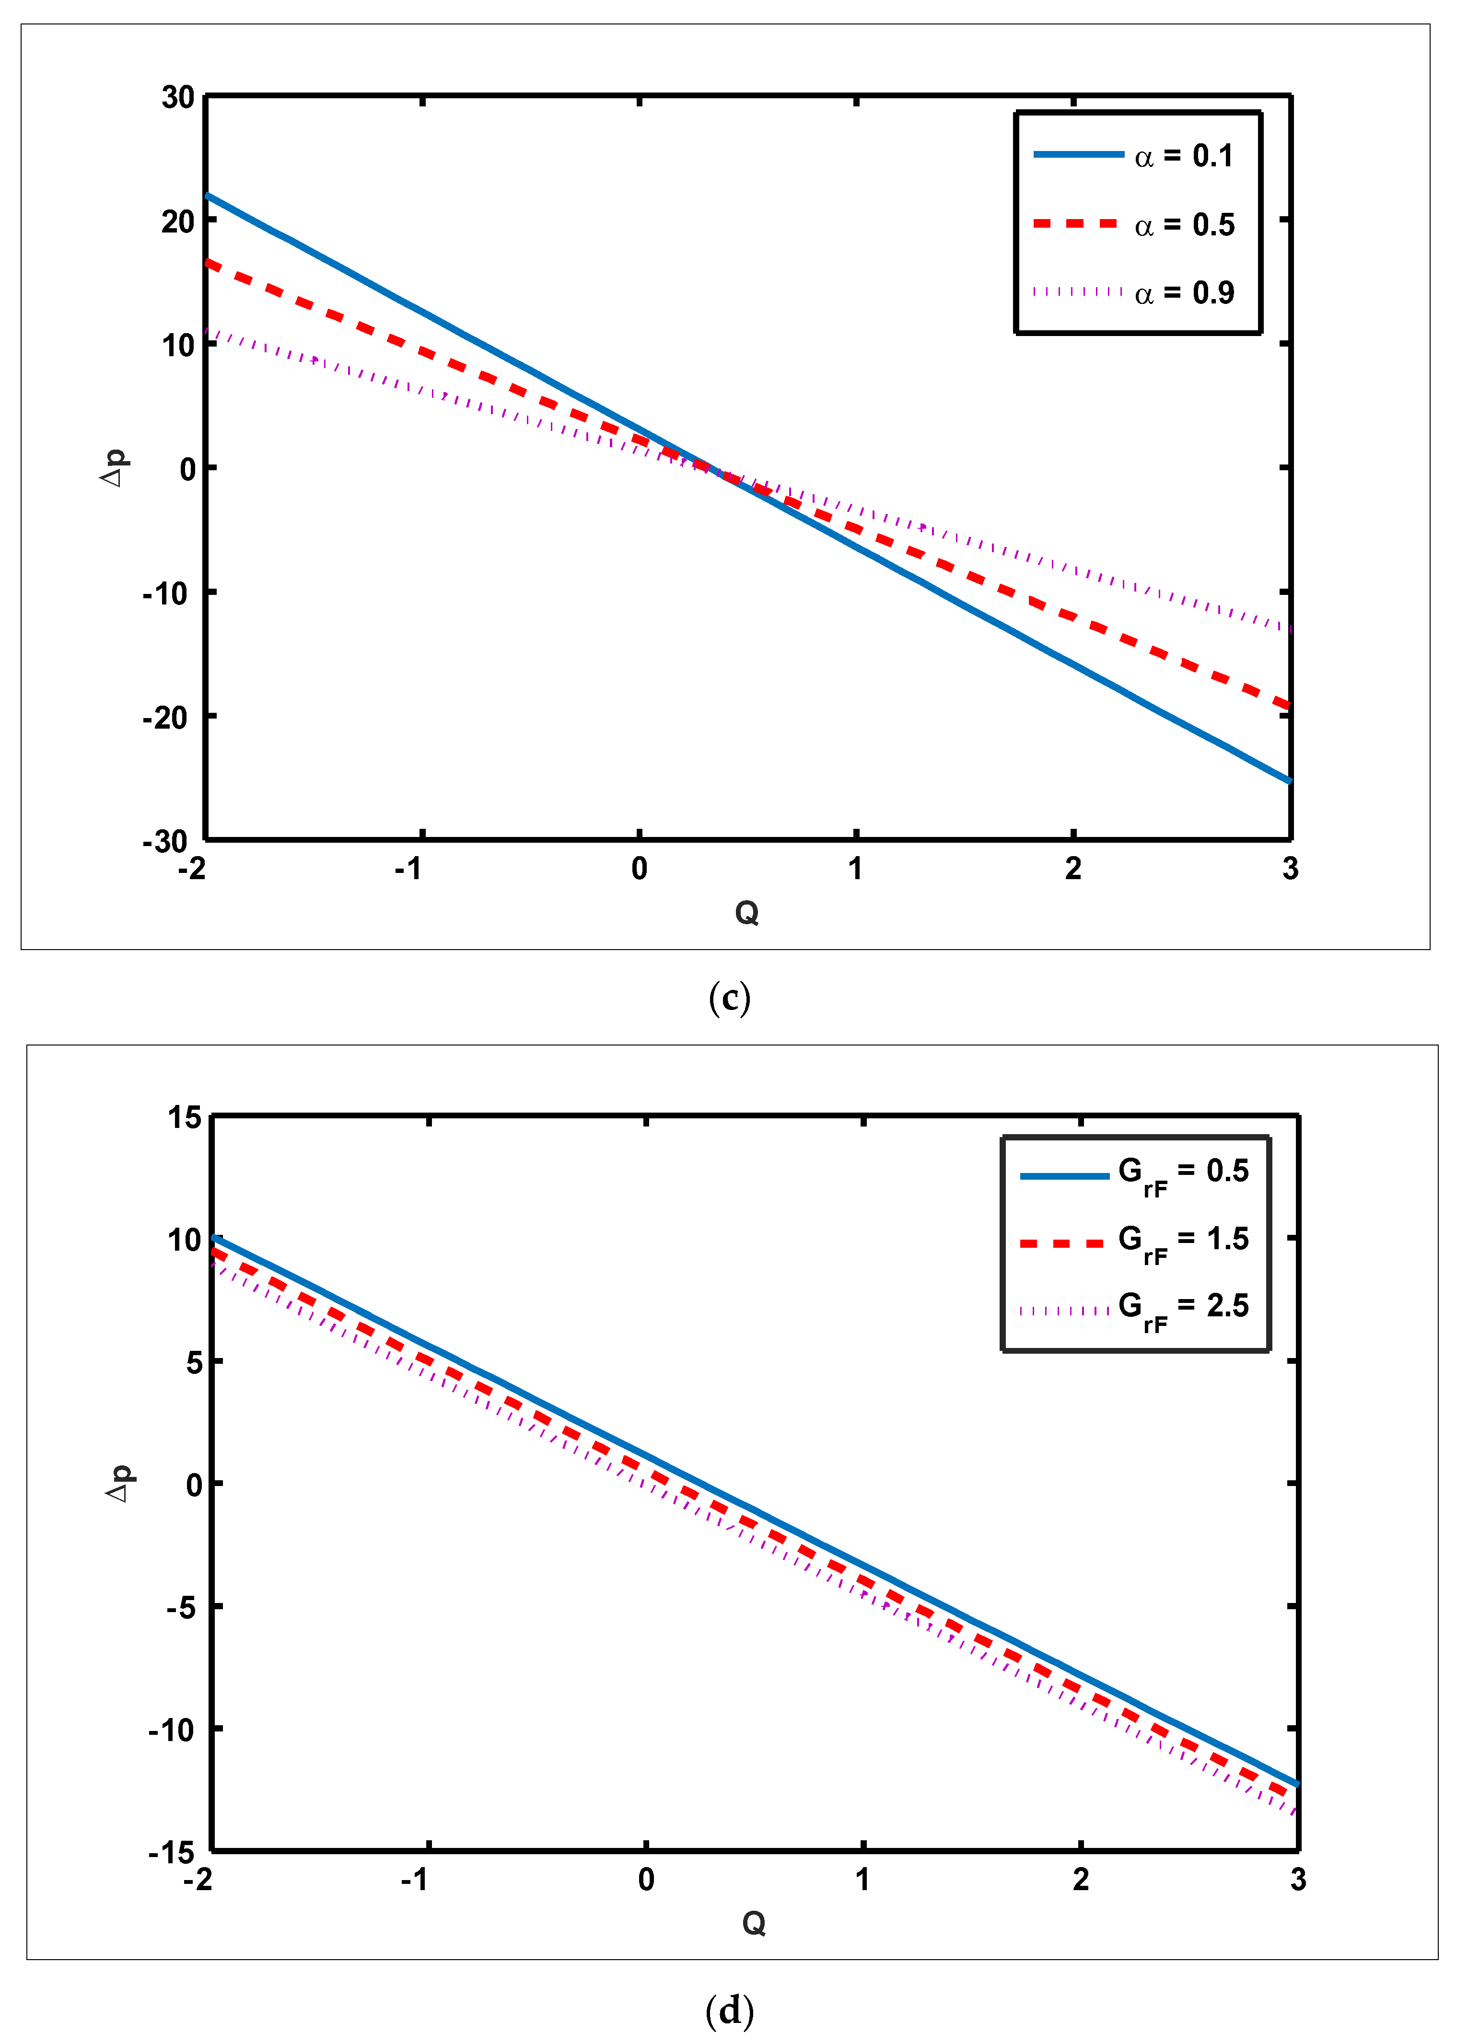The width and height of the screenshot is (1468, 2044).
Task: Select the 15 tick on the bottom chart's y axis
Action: click(x=185, y=1117)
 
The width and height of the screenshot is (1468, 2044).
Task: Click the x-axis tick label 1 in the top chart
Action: click(x=855, y=869)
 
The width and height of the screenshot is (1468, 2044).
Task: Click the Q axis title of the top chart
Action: click(x=747, y=914)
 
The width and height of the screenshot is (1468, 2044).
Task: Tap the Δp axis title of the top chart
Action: click(x=115, y=468)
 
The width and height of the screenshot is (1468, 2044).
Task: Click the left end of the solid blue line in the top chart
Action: click(x=208, y=196)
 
